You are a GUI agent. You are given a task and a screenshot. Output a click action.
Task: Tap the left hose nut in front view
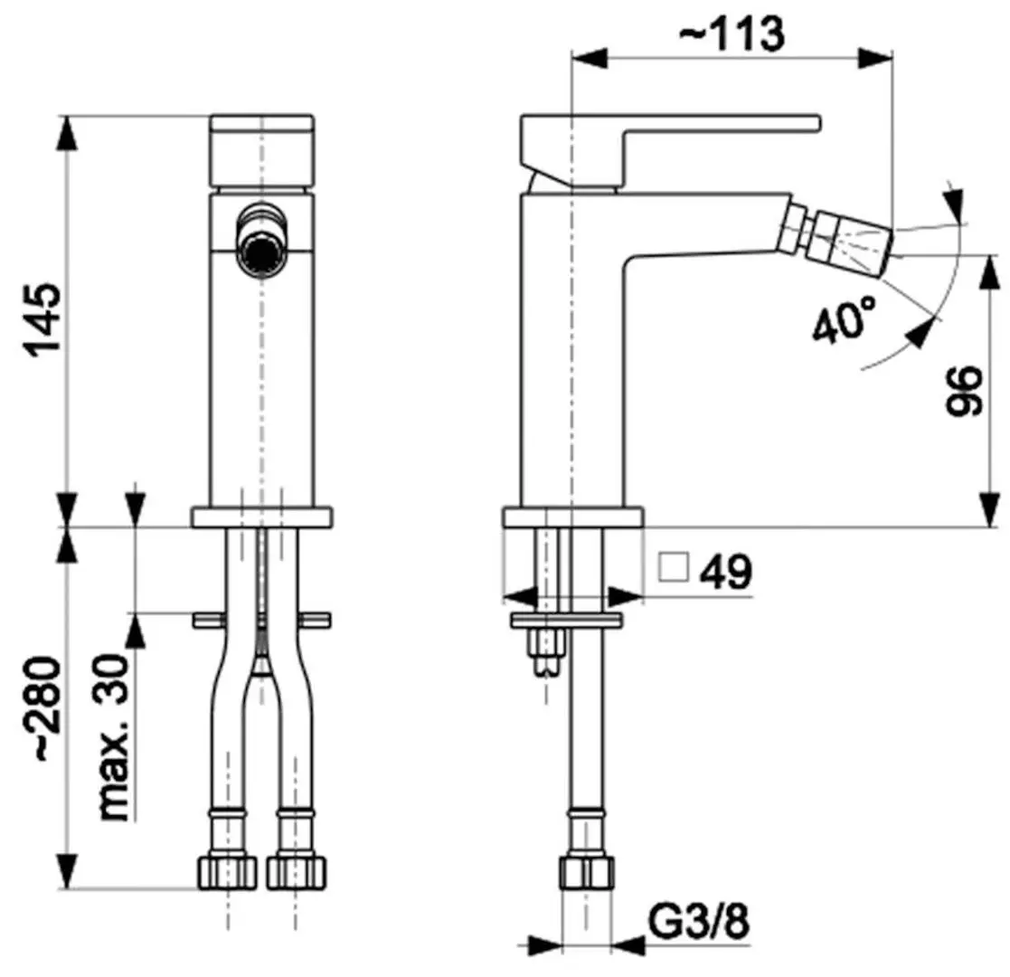pyautogui.click(x=226, y=870)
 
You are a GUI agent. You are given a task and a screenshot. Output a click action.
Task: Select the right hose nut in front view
pyautogui.click(x=297, y=870)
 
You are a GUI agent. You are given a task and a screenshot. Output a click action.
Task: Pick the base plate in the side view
pyautogui.click(x=572, y=517)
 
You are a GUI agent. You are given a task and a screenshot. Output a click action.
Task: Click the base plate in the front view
pyautogui.click(x=262, y=517)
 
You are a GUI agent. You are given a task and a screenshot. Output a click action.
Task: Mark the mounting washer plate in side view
pyautogui.click(x=567, y=621)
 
